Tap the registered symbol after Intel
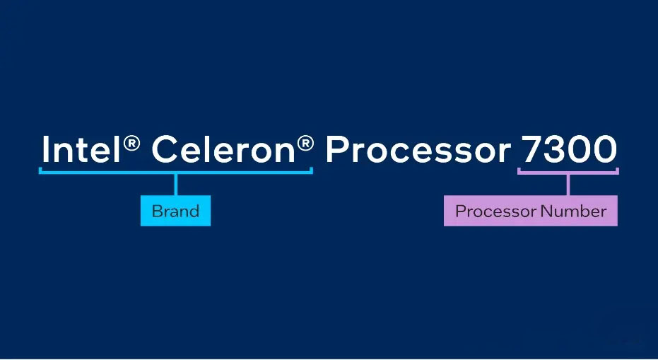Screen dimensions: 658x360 (x=131, y=144)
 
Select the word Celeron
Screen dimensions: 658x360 (x=223, y=149)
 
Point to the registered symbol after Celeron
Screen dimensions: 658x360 (x=305, y=144)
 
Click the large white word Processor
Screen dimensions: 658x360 (x=418, y=149)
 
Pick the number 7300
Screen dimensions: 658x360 (x=569, y=149)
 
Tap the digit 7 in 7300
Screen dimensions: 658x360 (x=531, y=149)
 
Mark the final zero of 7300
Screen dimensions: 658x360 (x=605, y=149)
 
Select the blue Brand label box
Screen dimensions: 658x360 (x=175, y=211)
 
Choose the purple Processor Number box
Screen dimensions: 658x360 (x=530, y=211)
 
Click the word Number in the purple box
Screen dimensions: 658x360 (x=574, y=211)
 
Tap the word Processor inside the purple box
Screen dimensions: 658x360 (x=496, y=211)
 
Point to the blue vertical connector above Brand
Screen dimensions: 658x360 (x=176, y=185)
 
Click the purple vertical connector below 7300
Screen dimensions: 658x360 (x=568, y=185)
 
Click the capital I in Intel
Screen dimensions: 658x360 (x=45, y=149)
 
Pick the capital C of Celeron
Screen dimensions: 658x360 (x=165, y=149)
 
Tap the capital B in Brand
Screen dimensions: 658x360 (x=157, y=211)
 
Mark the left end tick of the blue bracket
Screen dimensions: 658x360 (x=40, y=170)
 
